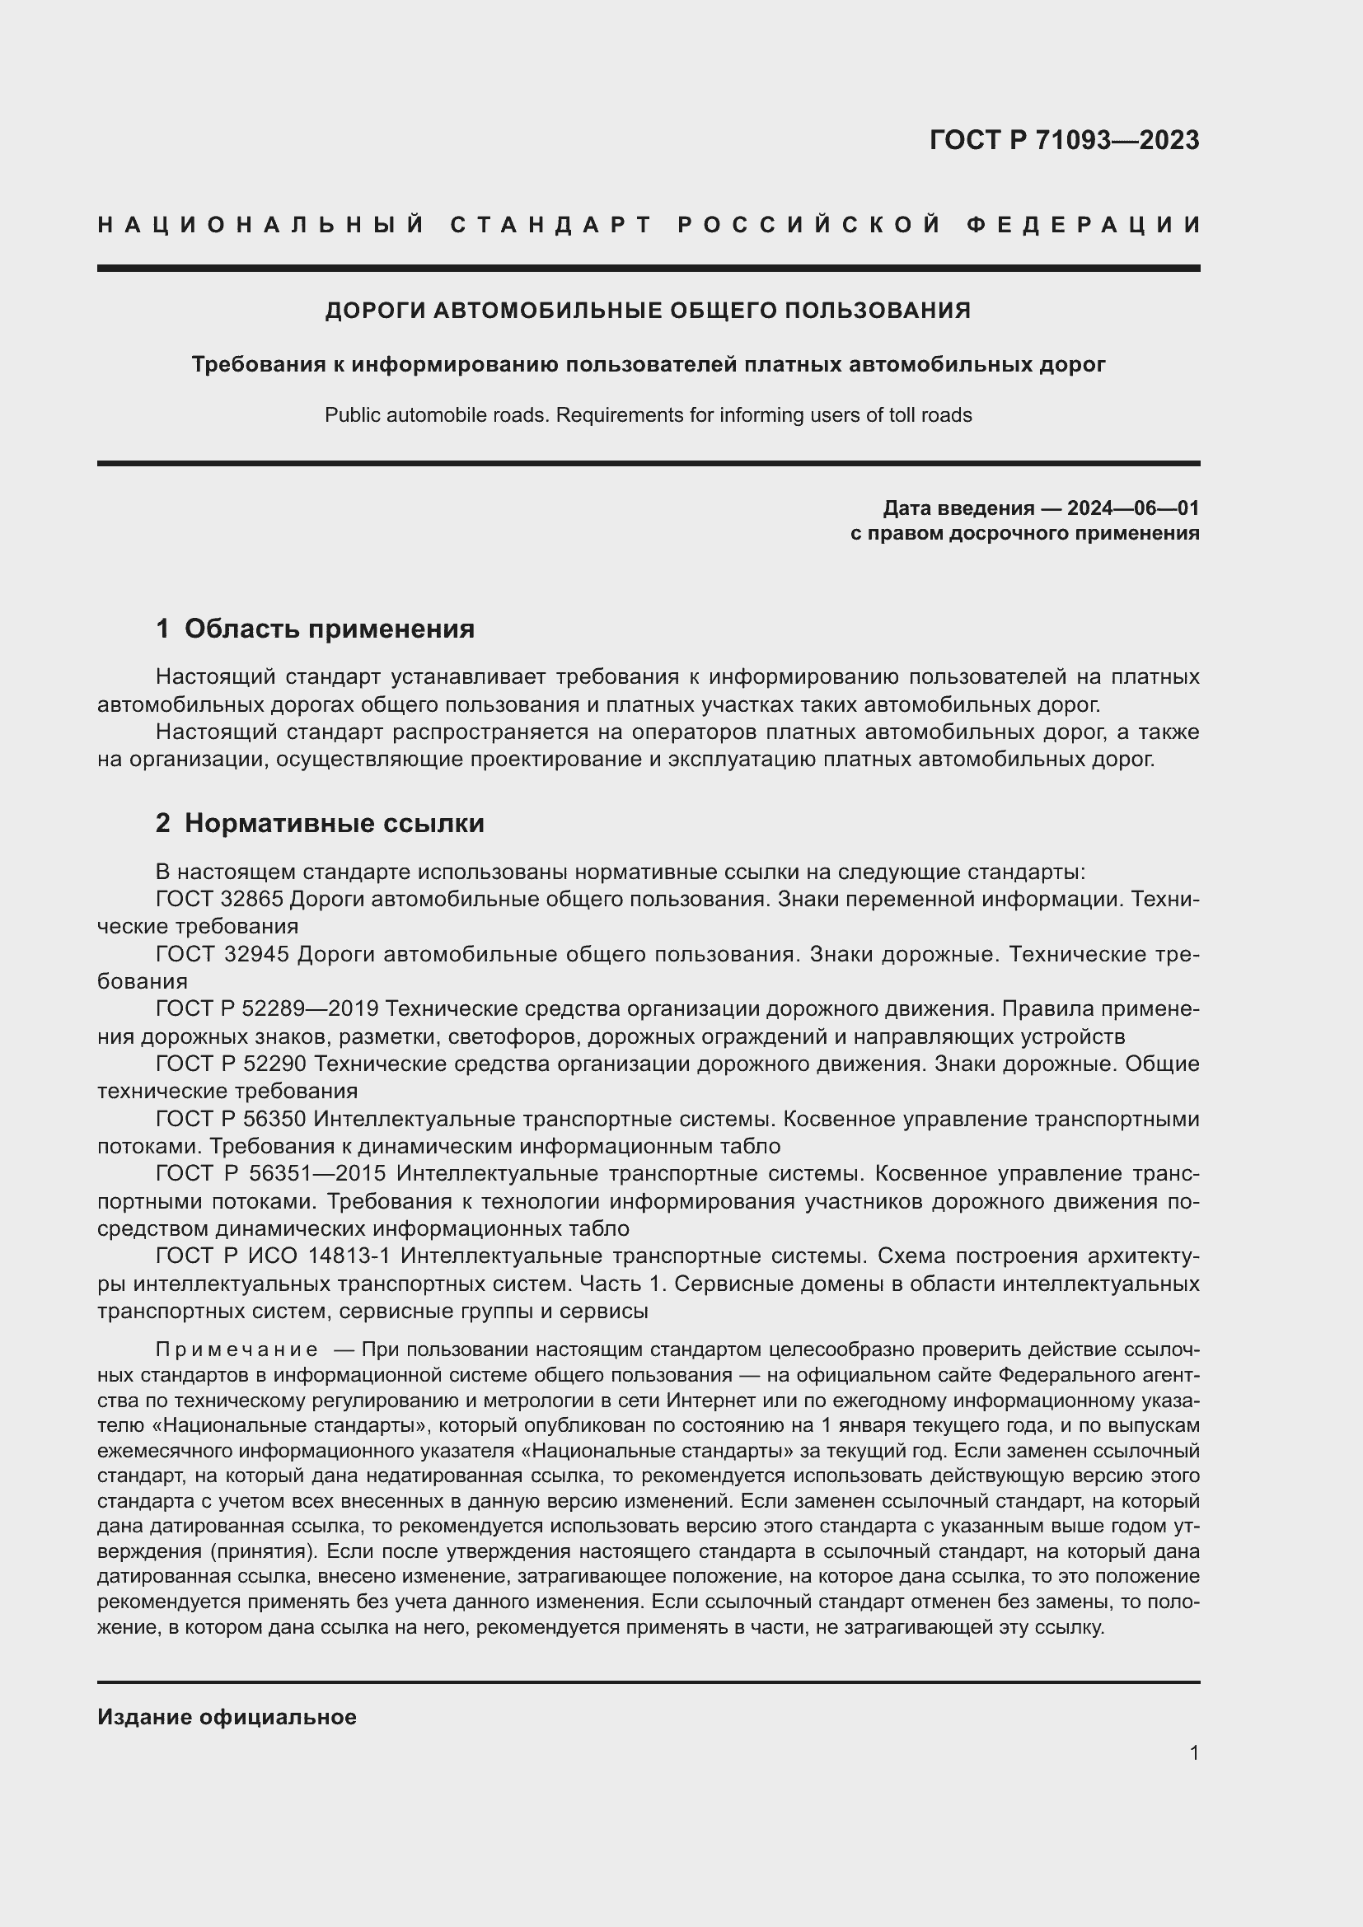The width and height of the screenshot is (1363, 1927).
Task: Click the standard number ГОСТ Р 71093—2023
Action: click(x=1063, y=140)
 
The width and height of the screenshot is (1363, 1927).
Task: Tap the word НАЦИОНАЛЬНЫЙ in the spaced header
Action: click(x=261, y=225)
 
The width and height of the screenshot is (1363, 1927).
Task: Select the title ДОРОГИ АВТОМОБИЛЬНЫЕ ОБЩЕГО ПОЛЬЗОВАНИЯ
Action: click(x=647, y=311)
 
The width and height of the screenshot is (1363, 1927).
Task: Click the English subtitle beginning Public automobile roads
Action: click(x=647, y=415)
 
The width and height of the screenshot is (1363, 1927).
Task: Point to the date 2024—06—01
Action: click(x=1132, y=507)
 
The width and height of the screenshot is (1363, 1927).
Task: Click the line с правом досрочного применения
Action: click(x=1024, y=534)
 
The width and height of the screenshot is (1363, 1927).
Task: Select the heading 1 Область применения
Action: click(x=315, y=629)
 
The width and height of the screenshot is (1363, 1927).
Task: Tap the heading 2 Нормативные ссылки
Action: click(x=320, y=823)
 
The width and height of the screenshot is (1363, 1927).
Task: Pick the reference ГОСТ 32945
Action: click(x=222, y=954)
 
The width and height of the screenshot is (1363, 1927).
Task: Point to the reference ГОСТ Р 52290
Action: click(x=232, y=1064)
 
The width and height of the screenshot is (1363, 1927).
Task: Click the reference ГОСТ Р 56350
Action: click(x=232, y=1120)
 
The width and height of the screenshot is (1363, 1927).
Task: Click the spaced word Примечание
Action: click(x=236, y=1349)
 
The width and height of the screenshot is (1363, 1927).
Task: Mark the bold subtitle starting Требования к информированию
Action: click(x=647, y=364)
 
